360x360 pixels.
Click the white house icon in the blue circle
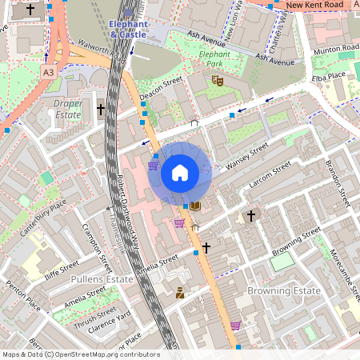point(180,173)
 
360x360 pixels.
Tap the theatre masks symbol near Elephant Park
point(216,80)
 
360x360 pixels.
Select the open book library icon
point(195,206)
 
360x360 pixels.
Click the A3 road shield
point(49,72)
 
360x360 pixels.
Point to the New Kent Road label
point(315,6)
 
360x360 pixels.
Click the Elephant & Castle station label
point(129,30)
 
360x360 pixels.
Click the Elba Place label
point(329,75)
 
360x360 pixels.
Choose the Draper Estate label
point(68,109)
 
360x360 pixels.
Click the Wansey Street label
point(246,157)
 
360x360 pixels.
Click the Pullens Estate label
point(102,279)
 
